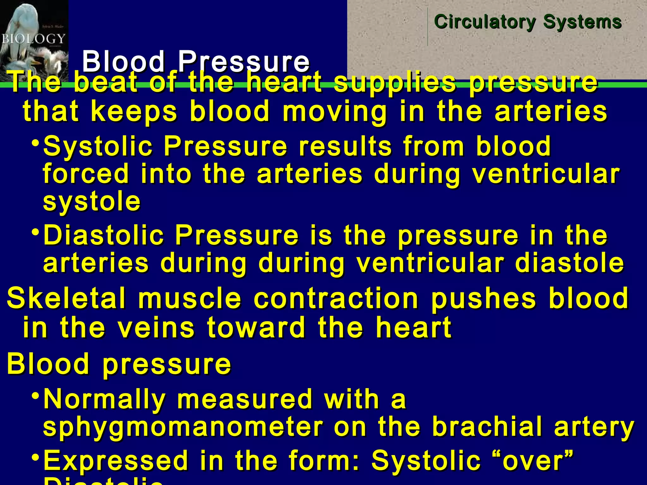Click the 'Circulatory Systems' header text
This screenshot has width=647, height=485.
click(528, 22)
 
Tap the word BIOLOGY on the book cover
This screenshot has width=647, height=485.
click(33, 39)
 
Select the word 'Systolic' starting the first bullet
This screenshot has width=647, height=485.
click(98, 146)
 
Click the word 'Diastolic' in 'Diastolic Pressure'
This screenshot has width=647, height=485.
click(104, 235)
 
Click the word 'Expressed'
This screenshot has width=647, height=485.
click(116, 460)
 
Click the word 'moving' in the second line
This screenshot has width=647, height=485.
click(335, 112)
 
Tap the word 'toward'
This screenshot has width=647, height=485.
click(256, 328)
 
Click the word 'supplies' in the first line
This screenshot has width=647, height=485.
click(395, 83)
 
